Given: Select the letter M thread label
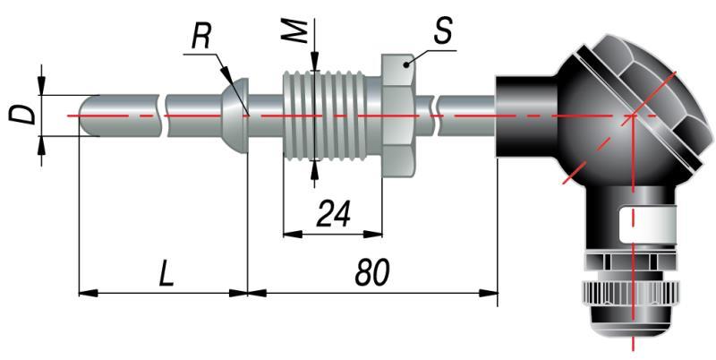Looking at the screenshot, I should [302, 30].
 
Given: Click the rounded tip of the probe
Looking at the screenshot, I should [86, 115].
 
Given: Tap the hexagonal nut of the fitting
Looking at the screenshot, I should [397, 115].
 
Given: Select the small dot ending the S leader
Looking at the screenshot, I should [407, 64].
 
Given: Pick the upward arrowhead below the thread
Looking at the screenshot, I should [314, 167].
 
